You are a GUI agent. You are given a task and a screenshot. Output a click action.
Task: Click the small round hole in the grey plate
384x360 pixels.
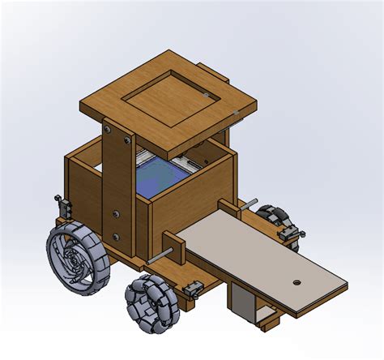click(297, 283)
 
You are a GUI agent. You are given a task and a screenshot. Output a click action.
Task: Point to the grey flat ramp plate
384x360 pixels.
click(259, 259)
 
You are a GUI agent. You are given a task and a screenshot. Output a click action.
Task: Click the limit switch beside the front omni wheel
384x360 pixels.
click(193, 287)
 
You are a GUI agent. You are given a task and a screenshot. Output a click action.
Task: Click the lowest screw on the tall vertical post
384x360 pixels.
click(116, 238)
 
